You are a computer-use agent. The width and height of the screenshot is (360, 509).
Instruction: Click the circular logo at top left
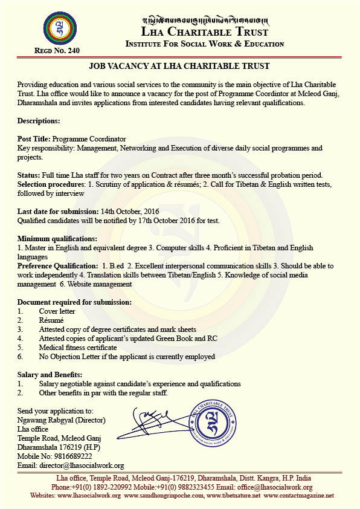(60, 28)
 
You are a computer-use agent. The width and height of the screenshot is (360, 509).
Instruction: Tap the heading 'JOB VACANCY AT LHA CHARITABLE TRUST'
(179, 65)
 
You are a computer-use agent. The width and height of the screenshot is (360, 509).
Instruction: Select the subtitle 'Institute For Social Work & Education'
(204, 44)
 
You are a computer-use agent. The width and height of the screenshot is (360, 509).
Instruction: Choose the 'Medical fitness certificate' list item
(78, 348)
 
